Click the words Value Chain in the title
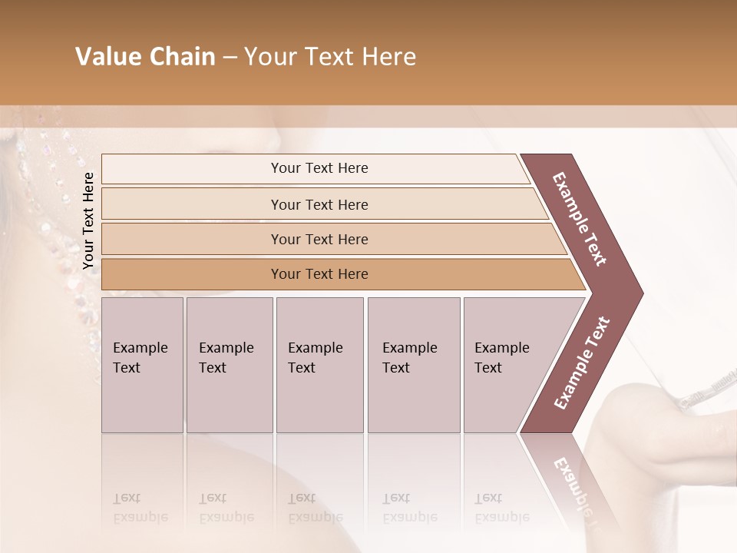(x=145, y=57)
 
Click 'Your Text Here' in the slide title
(x=330, y=57)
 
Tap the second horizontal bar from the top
(x=319, y=204)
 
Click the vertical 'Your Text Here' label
(x=88, y=220)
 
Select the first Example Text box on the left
(x=142, y=365)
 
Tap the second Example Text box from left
(x=229, y=365)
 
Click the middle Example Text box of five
(x=319, y=365)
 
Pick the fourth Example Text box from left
(x=413, y=365)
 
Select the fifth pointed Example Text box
(x=507, y=365)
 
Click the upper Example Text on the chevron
(x=580, y=219)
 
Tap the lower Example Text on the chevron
(x=581, y=363)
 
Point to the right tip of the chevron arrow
(x=641, y=293)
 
